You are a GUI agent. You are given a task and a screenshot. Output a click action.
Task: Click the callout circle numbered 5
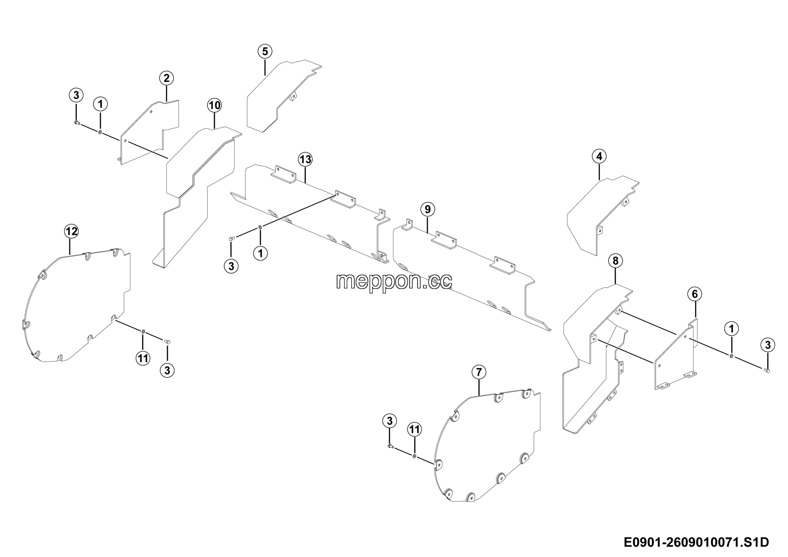pos(265,51)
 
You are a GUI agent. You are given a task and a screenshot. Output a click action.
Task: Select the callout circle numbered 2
pos(167,78)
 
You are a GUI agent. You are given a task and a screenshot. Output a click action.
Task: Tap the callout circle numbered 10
pos(215,105)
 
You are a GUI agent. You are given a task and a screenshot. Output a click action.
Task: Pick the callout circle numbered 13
pos(305,160)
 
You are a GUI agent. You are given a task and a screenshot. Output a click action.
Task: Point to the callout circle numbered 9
pos(427,209)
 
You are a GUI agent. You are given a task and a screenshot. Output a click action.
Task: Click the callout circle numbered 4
pos(599,157)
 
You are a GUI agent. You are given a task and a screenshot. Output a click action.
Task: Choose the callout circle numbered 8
pos(615,261)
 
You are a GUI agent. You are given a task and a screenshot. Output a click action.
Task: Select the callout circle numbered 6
pos(695,294)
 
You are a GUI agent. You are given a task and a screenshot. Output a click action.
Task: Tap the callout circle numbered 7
pos(479,372)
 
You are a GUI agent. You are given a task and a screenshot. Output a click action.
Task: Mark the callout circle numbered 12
pos(71,231)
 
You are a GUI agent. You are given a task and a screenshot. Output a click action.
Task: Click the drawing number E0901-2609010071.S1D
pos(696,542)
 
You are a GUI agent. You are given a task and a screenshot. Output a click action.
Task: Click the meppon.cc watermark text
pos(394,282)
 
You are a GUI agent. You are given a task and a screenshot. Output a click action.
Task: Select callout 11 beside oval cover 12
pos(143,359)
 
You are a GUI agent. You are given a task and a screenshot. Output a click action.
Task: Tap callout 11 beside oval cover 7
pos(415,429)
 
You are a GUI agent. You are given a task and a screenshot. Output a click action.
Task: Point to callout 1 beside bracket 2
pos(101,104)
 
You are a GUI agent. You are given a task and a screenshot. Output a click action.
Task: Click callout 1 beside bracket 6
pos(731,329)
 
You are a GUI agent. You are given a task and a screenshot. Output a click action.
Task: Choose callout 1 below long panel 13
pos(260,254)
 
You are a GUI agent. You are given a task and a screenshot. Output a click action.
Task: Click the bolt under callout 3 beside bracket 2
pos(77,123)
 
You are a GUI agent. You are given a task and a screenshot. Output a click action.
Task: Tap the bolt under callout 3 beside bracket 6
pos(767,370)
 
